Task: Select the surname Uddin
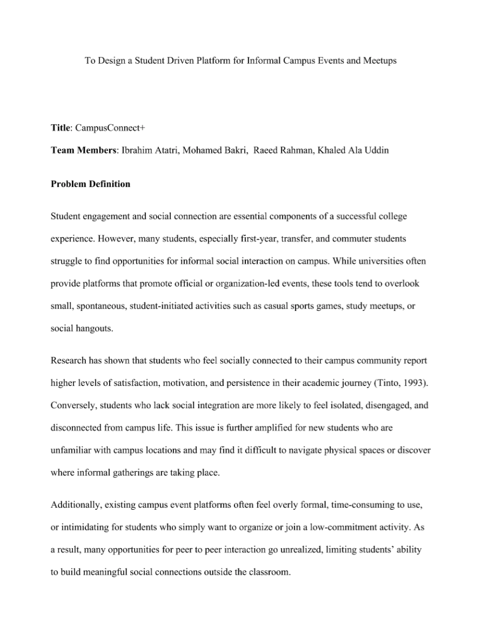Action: coord(377,150)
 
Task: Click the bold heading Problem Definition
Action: coord(90,184)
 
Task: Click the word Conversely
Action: coord(72,405)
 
